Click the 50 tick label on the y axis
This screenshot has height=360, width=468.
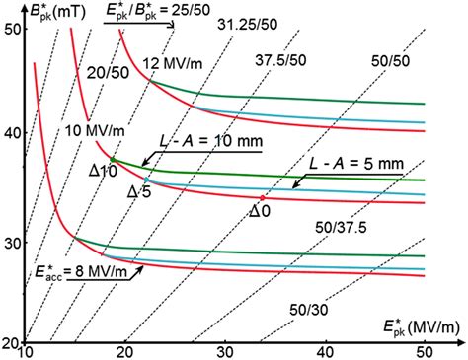pyautogui.click(x=12, y=30)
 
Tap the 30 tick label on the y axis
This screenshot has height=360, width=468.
pyautogui.click(x=12, y=238)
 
